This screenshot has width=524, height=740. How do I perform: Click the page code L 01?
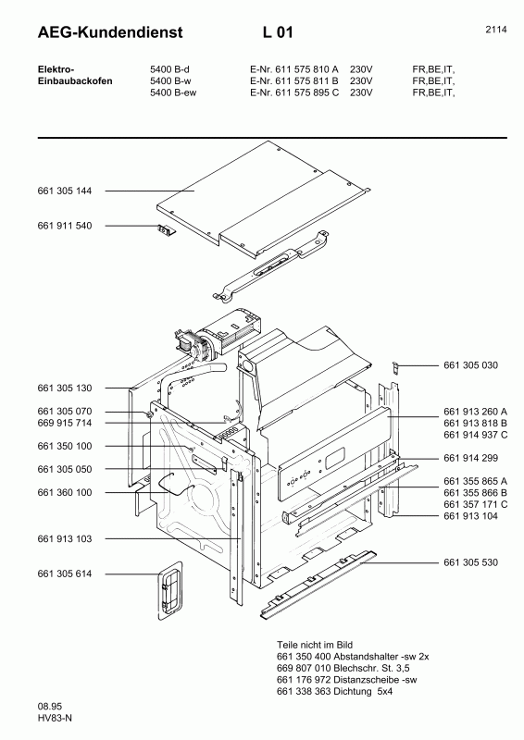278,33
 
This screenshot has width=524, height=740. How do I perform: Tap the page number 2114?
495,30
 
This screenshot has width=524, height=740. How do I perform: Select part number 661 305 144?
65,191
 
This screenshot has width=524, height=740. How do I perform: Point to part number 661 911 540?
65,226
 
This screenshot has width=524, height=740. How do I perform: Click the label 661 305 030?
470,365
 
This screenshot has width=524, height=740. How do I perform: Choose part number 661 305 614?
65,574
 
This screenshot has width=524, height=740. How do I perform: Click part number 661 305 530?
470,562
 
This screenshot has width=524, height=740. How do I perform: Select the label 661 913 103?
65,538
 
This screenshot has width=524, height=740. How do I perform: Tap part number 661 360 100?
65,493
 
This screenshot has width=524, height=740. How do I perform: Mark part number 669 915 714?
65,423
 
